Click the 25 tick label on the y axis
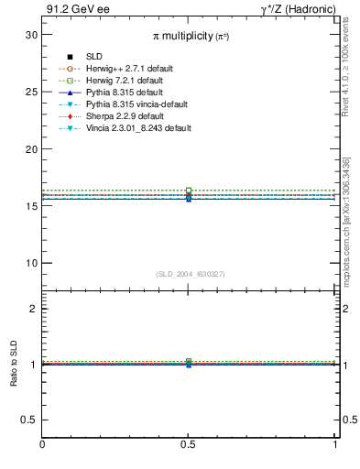pos(31,92)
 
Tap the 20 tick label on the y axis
pos(31,148)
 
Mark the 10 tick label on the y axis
pos(31,263)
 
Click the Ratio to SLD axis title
pos(14,364)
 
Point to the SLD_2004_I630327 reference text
pos(190,274)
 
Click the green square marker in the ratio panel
pos(189,362)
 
